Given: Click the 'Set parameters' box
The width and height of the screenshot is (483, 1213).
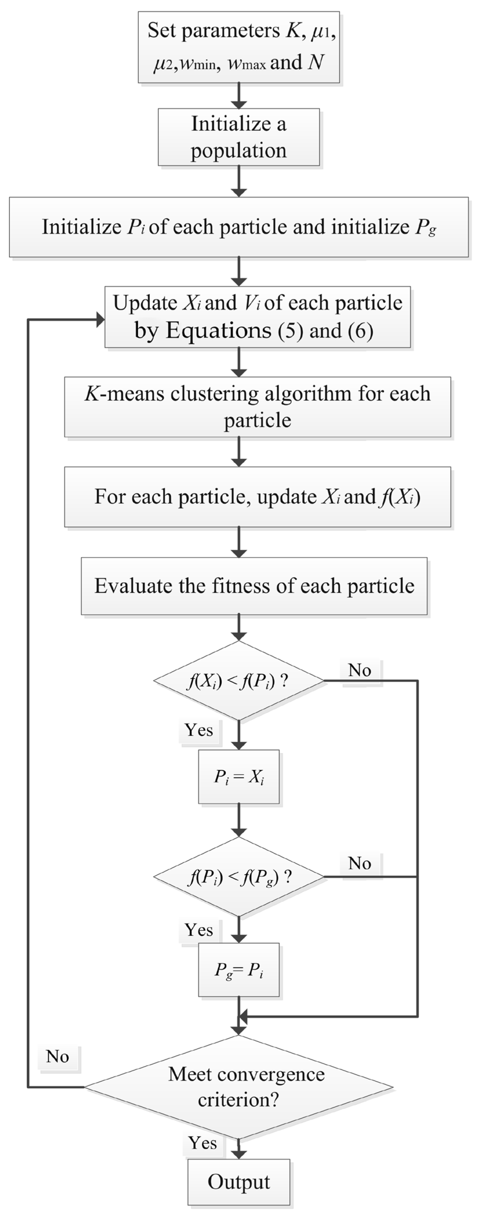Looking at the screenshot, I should click(x=238, y=47).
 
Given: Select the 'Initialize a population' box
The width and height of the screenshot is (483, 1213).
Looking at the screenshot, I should click(x=238, y=137).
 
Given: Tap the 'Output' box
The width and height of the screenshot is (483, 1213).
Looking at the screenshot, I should click(x=238, y=1182).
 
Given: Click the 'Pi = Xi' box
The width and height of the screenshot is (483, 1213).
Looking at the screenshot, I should click(x=238, y=777).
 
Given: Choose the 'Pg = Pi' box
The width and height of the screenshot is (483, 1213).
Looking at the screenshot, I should click(x=238, y=969).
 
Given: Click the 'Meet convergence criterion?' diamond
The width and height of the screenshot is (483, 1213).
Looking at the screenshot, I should click(x=238, y=1087).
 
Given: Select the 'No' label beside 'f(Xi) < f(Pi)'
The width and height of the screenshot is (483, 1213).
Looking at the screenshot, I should click(x=360, y=670).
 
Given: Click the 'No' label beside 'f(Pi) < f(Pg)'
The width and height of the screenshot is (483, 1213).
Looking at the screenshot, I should click(x=360, y=863).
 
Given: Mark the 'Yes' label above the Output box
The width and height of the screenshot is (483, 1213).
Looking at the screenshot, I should click(x=203, y=1142).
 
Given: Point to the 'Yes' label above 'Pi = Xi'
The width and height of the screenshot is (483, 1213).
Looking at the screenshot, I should click(x=199, y=730).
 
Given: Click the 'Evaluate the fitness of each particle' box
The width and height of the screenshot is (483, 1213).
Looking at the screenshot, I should click(x=254, y=586).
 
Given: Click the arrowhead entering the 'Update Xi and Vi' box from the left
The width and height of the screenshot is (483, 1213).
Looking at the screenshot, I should click(x=100, y=320).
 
